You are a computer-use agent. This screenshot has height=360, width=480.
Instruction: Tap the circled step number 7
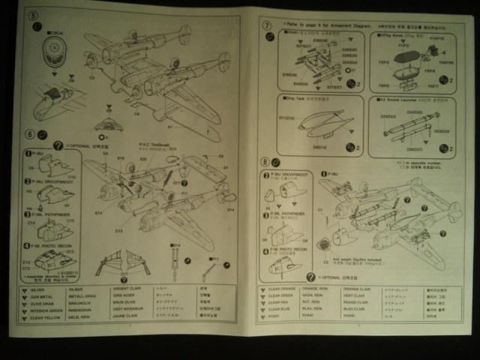pos(265,25)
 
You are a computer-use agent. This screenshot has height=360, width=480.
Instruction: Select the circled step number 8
pos(265,162)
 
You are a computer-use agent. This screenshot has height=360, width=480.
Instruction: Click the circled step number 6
pos(30,136)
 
